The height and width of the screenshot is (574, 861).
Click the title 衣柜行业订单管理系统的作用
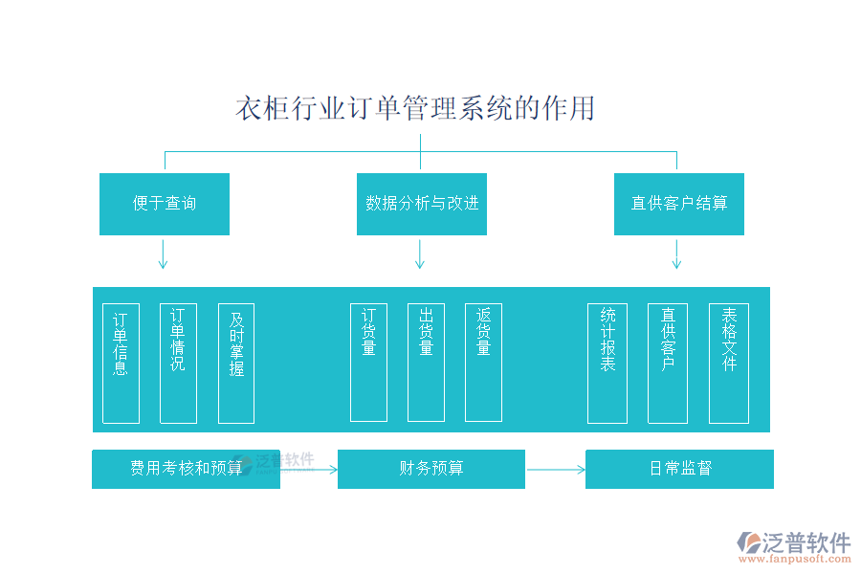tap(415, 108)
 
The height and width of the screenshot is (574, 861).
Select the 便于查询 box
tap(165, 204)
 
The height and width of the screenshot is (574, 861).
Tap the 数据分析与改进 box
tap(422, 204)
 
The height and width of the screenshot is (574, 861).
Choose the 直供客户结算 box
tap(679, 204)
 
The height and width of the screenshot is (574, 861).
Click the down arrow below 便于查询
tap(164, 254)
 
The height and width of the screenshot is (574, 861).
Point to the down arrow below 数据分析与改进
tap(420, 254)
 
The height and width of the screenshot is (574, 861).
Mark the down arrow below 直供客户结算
tap(676, 254)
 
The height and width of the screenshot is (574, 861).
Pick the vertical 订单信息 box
tap(121, 363)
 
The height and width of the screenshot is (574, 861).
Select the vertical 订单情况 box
tap(178, 363)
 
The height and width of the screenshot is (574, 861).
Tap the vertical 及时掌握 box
tap(236, 363)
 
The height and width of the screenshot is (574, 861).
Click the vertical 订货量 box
tap(368, 363)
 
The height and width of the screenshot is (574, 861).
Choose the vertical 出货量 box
tap(426, 363)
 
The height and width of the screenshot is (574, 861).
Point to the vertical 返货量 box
tap(483, 363)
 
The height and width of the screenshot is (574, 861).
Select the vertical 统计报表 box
tap(607, 363)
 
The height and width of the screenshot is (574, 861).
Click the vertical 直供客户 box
tap(668, 363)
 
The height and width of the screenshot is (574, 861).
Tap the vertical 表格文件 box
tap(729, 363)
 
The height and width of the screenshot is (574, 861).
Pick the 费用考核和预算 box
tap(186, 469)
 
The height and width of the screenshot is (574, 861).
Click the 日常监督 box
tap(679, 469)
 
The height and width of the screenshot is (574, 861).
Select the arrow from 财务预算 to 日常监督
tap(555, 470)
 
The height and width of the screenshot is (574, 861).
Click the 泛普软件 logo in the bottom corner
tap(793, 547)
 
